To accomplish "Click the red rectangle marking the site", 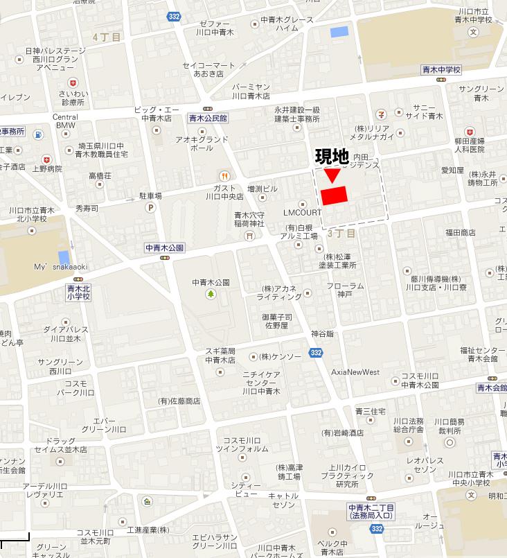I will click(334, 195).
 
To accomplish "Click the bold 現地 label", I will click(332, 157).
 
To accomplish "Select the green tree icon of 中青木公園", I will click(211, 295).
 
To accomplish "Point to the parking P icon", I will click(150, 207).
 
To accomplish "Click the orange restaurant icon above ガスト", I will click(224, 176).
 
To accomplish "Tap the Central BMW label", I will click(65, 121).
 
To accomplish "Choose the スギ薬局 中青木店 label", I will click(220, 355).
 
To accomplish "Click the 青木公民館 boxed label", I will click(208, 119).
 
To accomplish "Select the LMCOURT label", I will click(303, 212).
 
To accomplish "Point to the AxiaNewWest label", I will click(355, 372).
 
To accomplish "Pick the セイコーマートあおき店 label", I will click(209, 69).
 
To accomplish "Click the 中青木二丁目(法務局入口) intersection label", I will click(371, 512).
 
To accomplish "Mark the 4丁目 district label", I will click(107, 36).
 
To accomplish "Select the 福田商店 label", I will click(461, 233).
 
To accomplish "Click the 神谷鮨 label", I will click(322, 333).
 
